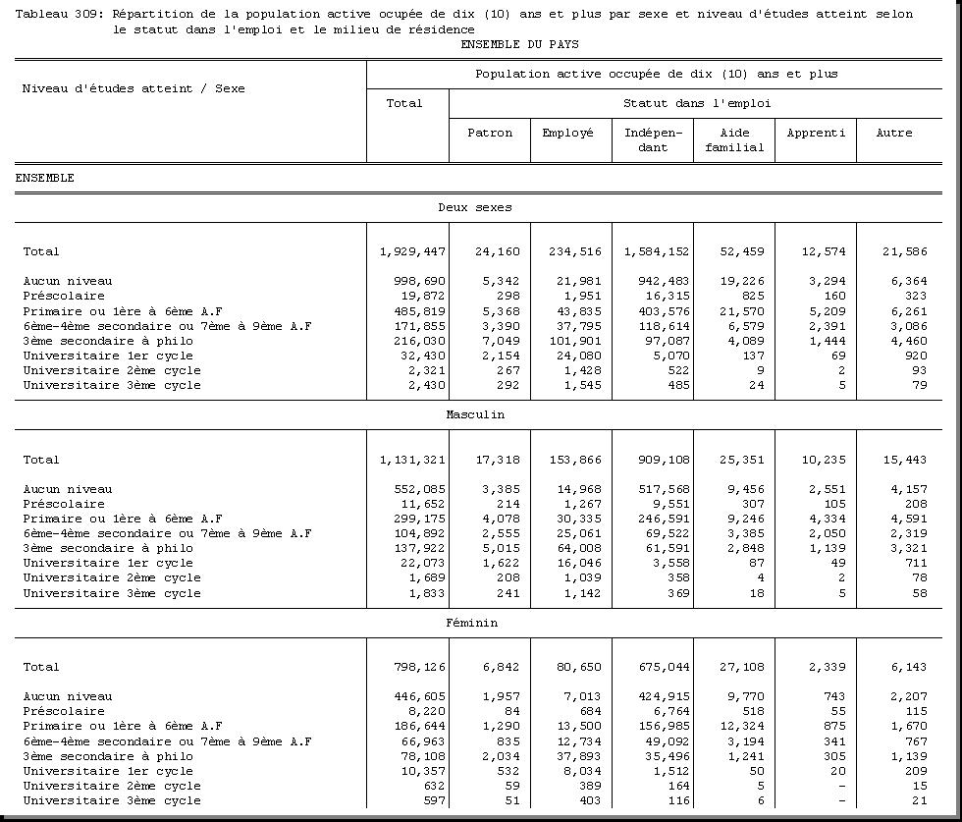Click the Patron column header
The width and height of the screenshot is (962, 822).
click(490, 133)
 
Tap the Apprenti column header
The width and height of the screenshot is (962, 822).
click(816, 133)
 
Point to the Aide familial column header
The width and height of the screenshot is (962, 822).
click(734, 139)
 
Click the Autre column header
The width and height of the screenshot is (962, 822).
click(894, 133)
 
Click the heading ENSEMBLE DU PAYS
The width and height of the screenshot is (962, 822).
click(519, 44)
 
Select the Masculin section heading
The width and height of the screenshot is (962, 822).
click(475, 414)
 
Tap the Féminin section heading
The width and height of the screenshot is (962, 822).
click(471, 623)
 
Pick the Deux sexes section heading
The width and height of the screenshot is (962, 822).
click(475, 207)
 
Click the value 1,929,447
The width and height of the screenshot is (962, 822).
click(412, 251)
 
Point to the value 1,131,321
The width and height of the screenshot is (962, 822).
click(412, 460)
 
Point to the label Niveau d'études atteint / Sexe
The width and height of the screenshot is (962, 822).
click(134, 88)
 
